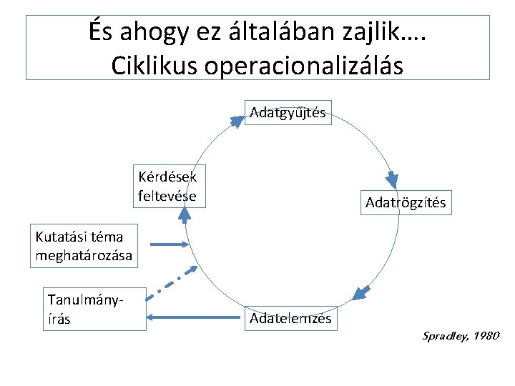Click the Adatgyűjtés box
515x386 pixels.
click(288, 112)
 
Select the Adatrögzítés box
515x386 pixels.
click(405, 202)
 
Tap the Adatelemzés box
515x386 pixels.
click(290, 318)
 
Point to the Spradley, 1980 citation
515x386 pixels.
click(461, 335)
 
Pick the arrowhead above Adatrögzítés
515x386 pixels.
click(392, 178)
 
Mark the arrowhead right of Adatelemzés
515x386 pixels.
click(362, 292)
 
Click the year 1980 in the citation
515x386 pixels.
click(486, 335)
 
